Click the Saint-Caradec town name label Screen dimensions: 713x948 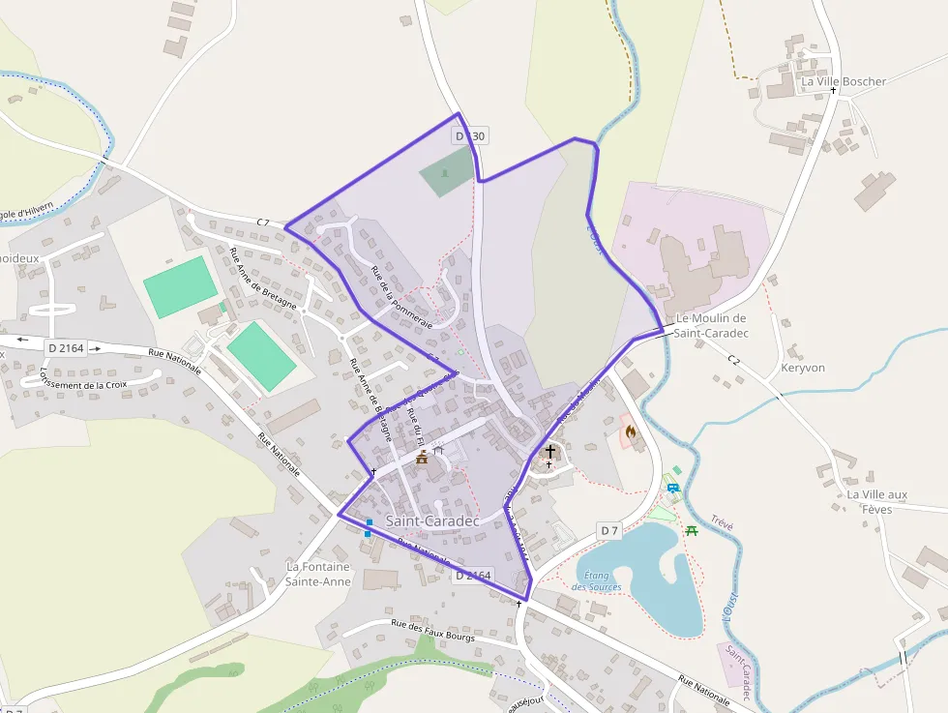[x=432, y=520]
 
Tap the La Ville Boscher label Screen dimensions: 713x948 [x=843, y=82]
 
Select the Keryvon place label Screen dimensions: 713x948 [x=802, y=369]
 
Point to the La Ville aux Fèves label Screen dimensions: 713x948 [x=876, y=501]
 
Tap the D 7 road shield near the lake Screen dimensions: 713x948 [x=608, y=530]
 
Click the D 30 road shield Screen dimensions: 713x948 [x=470, y=136]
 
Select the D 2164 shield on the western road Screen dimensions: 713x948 [x=66, y=346]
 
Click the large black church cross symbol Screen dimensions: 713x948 [x=550, y=451]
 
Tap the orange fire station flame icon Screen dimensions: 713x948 [x=631, y=431]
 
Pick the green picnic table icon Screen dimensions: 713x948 [x=692, y=530]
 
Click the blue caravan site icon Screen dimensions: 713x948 [x=672, y=489]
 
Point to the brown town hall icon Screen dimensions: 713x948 [x=422, y=458]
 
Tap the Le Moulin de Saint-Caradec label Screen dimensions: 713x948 [x=711, y=325]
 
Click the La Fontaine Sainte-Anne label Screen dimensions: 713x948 [x=318, y=574]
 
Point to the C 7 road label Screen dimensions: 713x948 [x=263, y=223]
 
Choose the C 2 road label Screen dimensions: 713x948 [x=733, y=360]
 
